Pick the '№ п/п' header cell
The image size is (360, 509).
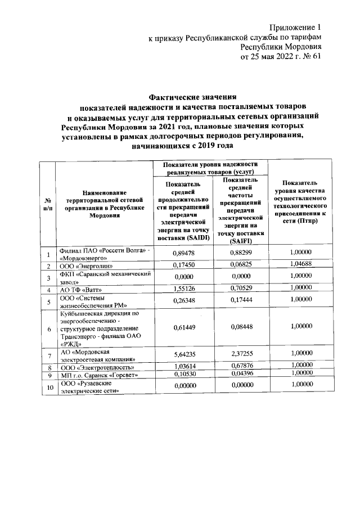pyautogui.click(x=48, y=205)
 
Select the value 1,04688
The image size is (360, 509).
pyautogui.click(x=299, y=265)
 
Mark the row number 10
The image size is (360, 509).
pyautogui.click(x=48, y=387)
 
